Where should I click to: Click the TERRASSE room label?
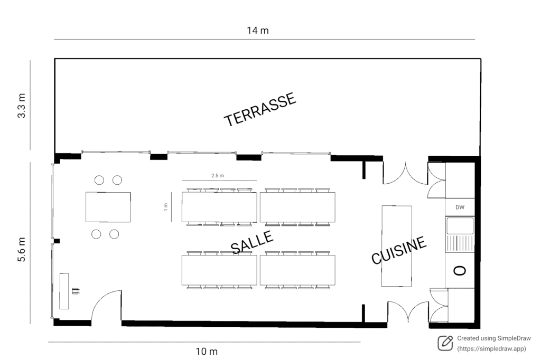[260, 110]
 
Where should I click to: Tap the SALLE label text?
[253, 243]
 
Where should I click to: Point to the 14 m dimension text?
[258, 30]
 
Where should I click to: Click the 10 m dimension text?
[207, 352]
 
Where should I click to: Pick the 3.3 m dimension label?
[22, 106]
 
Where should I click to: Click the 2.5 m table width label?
[218, 175]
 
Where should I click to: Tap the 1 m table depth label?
[165, 208]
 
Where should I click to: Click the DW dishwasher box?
[460, 207]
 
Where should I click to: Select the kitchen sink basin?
[460, 226]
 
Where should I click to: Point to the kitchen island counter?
[397, 246]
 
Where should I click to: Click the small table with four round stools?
[108, 207]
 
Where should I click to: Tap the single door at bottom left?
[106, 306]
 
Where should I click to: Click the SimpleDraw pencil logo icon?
[445, 343]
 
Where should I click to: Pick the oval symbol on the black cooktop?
[460, 270]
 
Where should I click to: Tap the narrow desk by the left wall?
[64, 291]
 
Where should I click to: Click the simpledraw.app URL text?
[492, 349]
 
